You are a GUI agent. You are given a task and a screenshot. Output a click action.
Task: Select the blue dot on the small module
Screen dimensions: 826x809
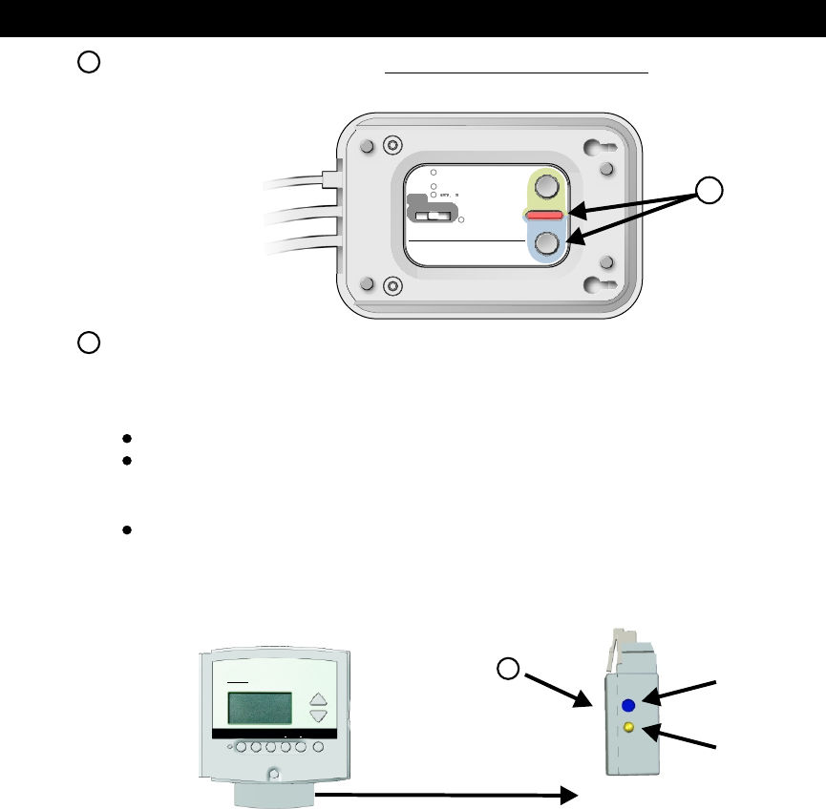click(629, 706)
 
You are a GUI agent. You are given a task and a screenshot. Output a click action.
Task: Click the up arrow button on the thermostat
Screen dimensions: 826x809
click(319, 698)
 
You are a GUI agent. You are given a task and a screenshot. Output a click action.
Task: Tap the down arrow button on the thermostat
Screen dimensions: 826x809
click(319, 716)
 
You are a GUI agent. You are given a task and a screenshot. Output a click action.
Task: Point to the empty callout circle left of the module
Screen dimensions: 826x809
click(510, 669)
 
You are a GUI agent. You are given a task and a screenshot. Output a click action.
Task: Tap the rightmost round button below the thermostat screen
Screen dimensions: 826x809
click(318, 747)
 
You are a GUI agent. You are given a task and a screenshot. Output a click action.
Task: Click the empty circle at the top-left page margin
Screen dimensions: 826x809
click(88, 62)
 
